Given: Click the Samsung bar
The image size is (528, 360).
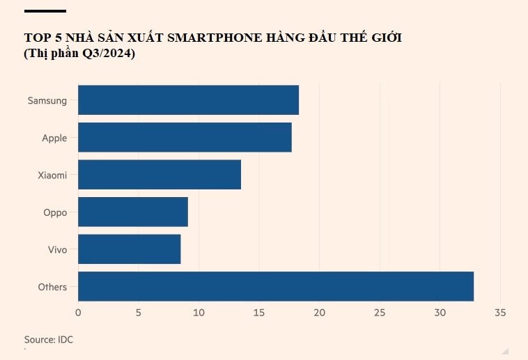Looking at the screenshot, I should pos(188,100).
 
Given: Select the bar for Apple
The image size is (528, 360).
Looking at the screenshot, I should pos(185,137).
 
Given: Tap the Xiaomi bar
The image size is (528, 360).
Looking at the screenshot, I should pos(160,175).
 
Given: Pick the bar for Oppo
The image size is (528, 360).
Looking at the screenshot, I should pos(132,212).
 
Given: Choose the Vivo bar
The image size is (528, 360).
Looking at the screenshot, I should pos(129,249).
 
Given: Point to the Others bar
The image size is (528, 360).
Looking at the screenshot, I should pos(276,286).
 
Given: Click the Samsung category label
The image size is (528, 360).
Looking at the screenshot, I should pos(47,100).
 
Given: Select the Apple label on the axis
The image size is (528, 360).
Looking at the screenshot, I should pos(54,138).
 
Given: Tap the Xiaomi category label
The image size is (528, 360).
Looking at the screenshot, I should pos(52,175).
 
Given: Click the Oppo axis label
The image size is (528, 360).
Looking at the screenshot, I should pos(55,212).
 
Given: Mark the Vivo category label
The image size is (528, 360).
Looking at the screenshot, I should pos(57,249).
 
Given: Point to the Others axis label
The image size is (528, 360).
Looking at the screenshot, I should pos(53,287).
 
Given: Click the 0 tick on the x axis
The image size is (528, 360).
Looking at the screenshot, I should pos(78,313).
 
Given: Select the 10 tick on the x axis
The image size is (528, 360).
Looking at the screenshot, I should pos(199,313).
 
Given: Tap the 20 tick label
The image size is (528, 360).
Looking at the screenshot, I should pos(319,313).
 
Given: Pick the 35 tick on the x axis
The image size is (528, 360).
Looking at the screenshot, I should pos(499,313).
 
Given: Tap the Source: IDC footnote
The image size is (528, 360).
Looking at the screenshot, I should pos(49,340).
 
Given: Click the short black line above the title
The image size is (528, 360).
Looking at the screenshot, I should pos(45,11).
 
